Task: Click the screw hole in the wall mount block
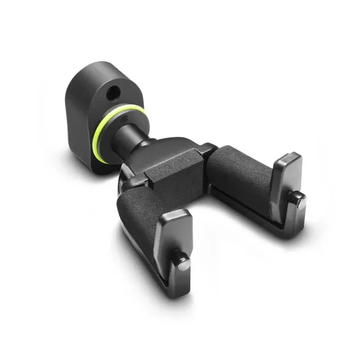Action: point(112,93)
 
